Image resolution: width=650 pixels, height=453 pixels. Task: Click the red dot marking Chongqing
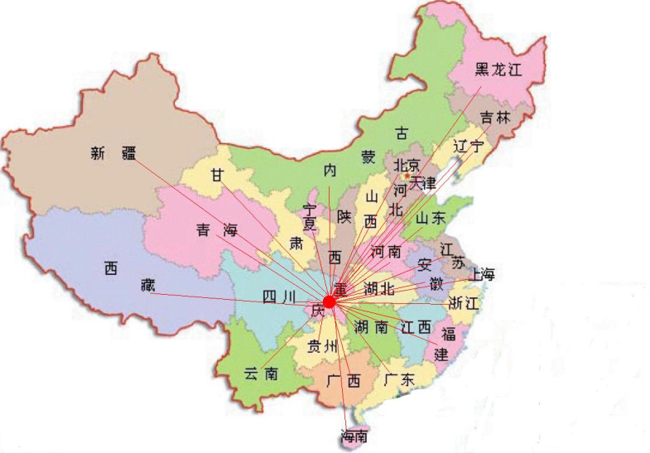click(329, 302)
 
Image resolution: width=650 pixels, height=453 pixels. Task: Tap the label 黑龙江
click(500, 70)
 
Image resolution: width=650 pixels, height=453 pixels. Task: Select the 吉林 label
click(495, 118)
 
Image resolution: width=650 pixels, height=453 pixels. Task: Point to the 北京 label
click(407, 166)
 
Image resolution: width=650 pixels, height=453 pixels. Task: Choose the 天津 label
click(422, 182)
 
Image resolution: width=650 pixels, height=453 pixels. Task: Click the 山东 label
click(430, 218)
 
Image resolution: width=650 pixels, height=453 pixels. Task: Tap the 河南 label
click(387, 250)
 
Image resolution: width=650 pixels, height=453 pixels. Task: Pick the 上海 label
click(482, 274)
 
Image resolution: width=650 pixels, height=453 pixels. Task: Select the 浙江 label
click(463, 303)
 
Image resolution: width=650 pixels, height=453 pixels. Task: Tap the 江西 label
click(415, 326)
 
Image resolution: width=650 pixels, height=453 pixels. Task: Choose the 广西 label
click(344, 381)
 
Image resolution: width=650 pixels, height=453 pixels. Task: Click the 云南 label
click(260, 373)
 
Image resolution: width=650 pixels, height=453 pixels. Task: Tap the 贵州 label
click(323, 346)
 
